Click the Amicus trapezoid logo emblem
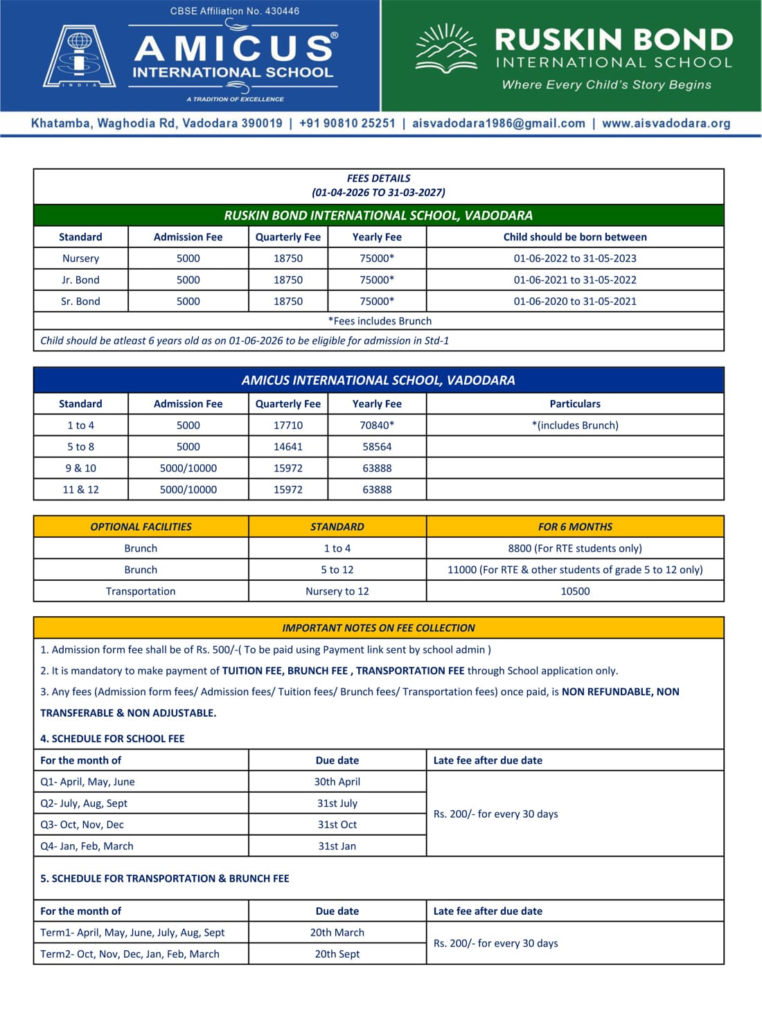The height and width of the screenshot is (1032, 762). click(x=79, y=57)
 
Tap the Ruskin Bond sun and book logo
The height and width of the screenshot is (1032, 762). click(x=446, y=49)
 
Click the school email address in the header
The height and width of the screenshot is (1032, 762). click(x=498, y=123)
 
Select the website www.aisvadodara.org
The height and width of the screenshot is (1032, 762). click(x=666, y=123)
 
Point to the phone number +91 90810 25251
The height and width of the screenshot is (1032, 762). click(x=347, y=123)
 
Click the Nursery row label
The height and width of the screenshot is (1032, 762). click(x=80, y=259)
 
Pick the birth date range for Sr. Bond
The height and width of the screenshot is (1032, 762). click(x=574, y=301)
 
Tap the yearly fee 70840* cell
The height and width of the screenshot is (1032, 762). click(x=377, y=426)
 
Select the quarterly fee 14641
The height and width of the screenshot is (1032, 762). click(x=287, y=447)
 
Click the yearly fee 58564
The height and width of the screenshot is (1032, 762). click(x=377, y=447)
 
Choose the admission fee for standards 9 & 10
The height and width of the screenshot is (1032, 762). click(x=188, y=469)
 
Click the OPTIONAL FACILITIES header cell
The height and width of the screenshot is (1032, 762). click(x=141, y=527)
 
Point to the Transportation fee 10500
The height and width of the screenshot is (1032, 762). click(x=575, y=591)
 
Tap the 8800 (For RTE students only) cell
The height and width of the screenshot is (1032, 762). click(x=575, y=548)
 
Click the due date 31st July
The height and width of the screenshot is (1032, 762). click(x=337, y=803)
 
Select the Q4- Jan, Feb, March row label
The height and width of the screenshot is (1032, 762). click(x=87, y=846)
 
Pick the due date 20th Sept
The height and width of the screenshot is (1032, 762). click(x=337, y=954)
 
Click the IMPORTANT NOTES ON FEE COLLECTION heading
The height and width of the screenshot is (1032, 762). click(x=378, y=628)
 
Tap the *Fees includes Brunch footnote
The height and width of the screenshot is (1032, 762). click(x=380, y=321)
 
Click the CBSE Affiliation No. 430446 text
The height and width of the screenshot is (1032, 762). click(x=235, y=11)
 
